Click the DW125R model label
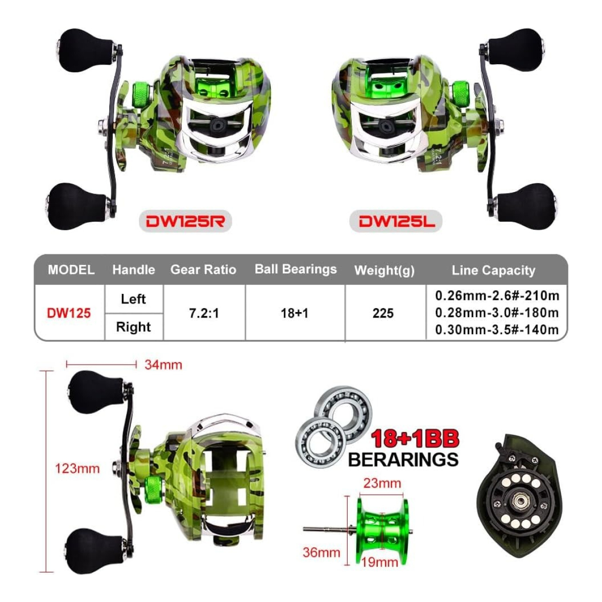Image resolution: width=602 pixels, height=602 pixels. [185, 221]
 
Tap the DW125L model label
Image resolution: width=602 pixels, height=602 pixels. [397, 221]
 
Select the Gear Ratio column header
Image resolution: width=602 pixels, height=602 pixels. [203, 269]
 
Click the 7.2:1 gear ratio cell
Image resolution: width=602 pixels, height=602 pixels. [204, 313]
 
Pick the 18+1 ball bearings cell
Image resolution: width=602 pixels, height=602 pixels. [294, 313]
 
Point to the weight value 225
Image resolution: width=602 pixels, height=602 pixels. [383, 313]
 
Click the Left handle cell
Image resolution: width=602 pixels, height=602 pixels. [133, 299]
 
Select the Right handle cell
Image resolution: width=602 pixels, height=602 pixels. [133, 327]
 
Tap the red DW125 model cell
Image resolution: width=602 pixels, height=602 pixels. [69, 313]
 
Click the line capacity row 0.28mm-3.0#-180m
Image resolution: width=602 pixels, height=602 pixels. [497, 313]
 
